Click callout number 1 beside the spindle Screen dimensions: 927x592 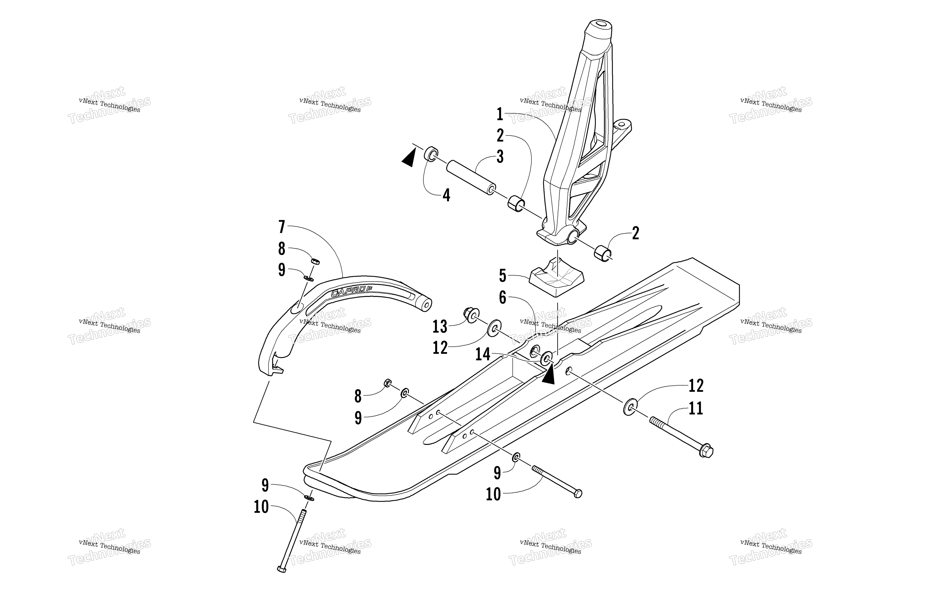[500, 114]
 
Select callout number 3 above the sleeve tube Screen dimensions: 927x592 [500, 157]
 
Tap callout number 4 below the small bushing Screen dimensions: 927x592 [446, 195]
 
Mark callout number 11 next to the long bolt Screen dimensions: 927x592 [696, 408]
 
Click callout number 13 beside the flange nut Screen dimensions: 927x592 [440, 327]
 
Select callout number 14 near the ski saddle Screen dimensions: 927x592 [483, 354]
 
